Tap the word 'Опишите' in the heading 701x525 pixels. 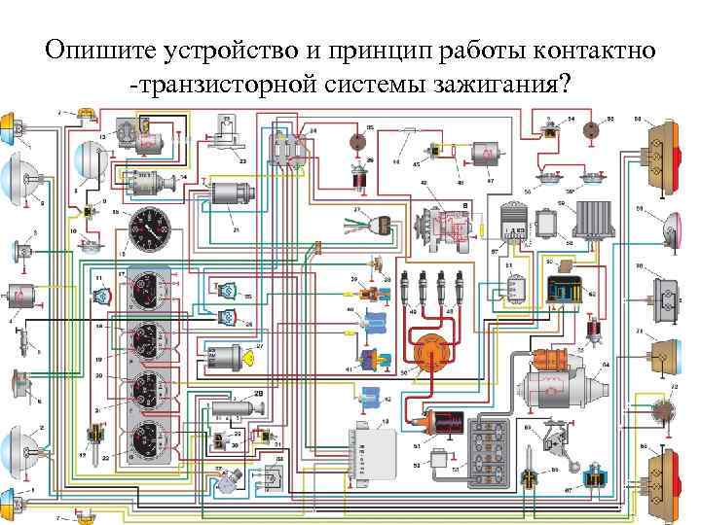pyautogui.click(x=92, y=50)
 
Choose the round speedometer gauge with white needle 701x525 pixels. pyautogui.click(x=149, y=230)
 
